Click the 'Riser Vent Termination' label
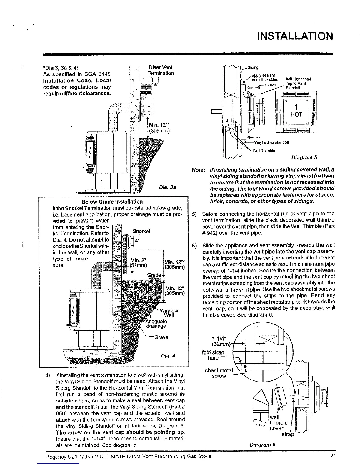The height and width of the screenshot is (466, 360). tap(161, 70)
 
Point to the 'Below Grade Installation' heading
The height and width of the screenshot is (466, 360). tap(112, 202)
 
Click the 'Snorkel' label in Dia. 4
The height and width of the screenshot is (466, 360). tap(141, 231)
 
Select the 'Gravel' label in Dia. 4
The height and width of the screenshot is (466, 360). tap(162, 337)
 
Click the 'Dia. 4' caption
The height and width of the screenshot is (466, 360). tap(168, 355)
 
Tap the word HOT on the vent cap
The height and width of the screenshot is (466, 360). tap(296, 114)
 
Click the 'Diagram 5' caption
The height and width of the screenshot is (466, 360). tap(304, 157)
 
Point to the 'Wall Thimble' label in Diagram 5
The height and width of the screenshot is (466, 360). tap(264, 151)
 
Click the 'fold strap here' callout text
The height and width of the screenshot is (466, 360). tap(213, 355)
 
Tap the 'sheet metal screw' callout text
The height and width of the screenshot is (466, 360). tap(219, 373)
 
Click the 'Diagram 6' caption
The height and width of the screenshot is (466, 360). tap(262, 444)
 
